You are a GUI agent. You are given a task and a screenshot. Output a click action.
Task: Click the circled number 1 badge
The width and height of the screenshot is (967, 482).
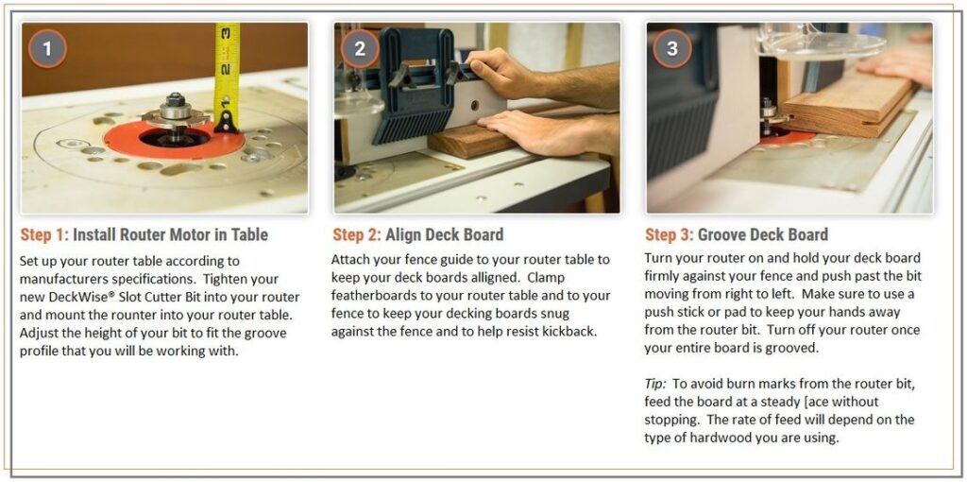point(47,48)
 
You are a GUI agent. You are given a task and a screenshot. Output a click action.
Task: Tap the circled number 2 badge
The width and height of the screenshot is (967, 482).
point(360,48)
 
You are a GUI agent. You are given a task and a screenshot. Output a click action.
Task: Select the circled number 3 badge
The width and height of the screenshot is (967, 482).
point(672,48)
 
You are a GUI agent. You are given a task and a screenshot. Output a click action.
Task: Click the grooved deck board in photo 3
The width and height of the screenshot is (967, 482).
point(850,106)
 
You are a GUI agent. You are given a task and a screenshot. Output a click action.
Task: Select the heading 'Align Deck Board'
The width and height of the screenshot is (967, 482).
point(445,234)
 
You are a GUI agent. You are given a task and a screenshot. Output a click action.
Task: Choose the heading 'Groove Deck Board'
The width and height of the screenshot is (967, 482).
point(763,234)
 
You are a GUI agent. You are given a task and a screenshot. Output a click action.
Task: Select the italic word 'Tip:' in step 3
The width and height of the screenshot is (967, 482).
point(655,384)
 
